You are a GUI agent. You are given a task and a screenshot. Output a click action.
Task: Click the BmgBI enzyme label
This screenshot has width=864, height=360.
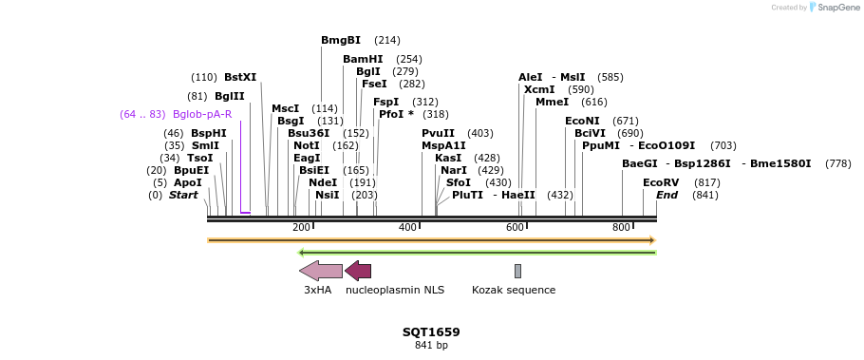click(x=341, y=40)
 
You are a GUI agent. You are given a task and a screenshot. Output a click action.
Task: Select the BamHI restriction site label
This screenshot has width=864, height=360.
click(x=363, y=59)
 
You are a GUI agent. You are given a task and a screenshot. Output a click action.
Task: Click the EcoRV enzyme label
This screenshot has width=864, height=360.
click(x=661, y=182)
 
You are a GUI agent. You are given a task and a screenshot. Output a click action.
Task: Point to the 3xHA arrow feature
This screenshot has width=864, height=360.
click(x=321, y=271)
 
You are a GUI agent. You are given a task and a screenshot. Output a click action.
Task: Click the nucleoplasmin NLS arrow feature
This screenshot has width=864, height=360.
click(x=358, y=271)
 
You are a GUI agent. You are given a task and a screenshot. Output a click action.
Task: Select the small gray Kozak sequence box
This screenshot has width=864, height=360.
click(x=517, y=271)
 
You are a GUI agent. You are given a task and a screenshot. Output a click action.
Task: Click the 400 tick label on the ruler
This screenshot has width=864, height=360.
click(x=408, y=228)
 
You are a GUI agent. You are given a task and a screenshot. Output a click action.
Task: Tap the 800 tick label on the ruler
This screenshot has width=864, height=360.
click(x=622, y=228)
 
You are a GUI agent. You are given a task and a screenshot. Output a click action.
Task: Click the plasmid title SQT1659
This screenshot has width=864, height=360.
click(x=431, y=332)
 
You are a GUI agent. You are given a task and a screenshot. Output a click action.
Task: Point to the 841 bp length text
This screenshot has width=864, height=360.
click(x=431, y=346)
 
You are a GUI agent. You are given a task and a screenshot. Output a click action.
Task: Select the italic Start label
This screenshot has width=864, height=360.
click(x=183, y=195)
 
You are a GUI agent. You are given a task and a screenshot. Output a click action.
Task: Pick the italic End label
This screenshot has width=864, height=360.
click(x=667, y=195)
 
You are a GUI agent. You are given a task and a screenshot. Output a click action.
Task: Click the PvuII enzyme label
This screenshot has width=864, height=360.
click(x=438, y=133)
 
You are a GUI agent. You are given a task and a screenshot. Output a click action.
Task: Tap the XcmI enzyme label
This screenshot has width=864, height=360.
click(x=539, y=89)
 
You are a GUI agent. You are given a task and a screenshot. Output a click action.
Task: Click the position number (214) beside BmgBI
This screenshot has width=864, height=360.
click(x=387, y=40)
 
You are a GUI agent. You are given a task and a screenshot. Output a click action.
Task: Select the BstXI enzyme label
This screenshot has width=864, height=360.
click(x=240, y=77)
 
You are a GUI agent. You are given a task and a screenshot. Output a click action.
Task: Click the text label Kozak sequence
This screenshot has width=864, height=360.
click(x=514, y=290)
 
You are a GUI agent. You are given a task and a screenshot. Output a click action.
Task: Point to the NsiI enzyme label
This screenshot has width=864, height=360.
click(x=328, y=195)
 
